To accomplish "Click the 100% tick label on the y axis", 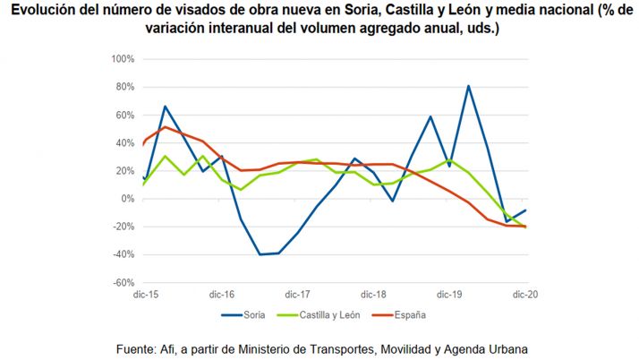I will tap(123, 59).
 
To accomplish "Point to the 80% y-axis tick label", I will tap(124, 87).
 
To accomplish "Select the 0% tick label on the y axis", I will tap(127, 199).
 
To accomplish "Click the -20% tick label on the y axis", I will tap(124, 227).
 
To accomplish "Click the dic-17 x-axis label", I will tap(297, 294).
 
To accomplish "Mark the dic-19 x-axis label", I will tap(449, 294).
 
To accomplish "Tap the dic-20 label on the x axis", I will tap(524, 294).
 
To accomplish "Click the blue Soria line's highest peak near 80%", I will tap(468, 86).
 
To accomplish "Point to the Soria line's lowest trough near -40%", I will tap(260, 254).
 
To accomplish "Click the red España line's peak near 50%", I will tap(165, 126).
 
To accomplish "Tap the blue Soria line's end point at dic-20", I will tap(525, 210).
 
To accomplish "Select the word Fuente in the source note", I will tap(138, 347).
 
